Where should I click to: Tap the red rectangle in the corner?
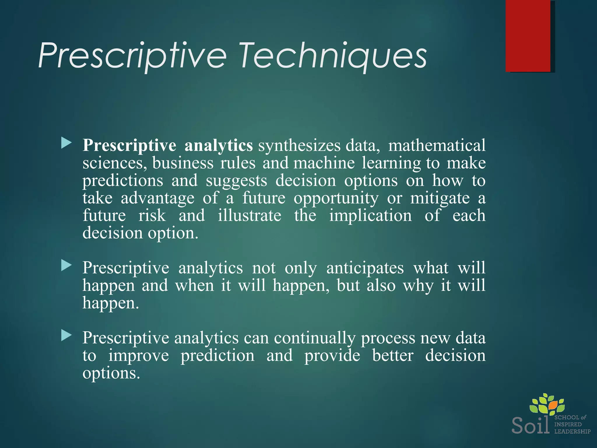(528, 36)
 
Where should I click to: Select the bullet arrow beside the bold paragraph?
(66, 143)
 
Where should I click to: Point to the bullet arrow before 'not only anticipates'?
(66, 266)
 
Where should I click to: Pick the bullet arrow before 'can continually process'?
(66, 336)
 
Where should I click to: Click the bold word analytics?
(218, 145)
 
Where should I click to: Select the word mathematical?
(437, 145)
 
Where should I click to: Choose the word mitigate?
(440, 198)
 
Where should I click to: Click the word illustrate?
(250, 216)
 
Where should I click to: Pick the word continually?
(315, 338)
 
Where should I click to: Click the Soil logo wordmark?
(530, 426)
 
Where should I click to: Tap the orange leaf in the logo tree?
(552, 405)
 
